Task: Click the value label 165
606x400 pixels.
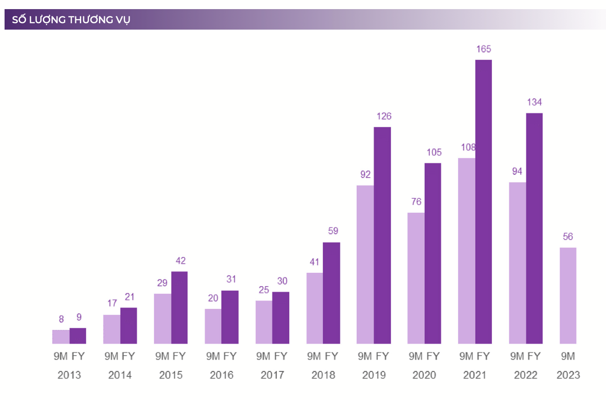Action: tap(483, 49)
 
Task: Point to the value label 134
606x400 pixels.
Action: tap(534, 102)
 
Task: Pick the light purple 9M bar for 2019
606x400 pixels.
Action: tap(365, 264)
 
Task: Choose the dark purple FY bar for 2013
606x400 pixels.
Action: tap(78, 336)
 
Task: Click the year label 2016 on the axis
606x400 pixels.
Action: tap(221, 375)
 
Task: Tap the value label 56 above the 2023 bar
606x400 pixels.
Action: tap(568, 237)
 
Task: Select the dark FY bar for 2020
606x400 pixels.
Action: tap(433, 253)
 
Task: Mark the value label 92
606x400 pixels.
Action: tap(365, 174)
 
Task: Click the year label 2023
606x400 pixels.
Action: tap(568, 375)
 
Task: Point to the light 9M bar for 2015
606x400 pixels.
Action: tap(162, 318)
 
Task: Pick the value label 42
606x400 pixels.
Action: tap(180, 261)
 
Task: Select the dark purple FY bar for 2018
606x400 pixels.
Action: tap(331, 292)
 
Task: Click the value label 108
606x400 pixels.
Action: tap(468, 147)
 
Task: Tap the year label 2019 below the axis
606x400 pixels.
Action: tap(374, 375)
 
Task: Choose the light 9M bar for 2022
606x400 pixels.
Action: tap(517, 263)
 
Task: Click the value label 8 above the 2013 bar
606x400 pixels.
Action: tap(61, 319)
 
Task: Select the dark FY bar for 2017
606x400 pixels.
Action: tap(281, 318)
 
